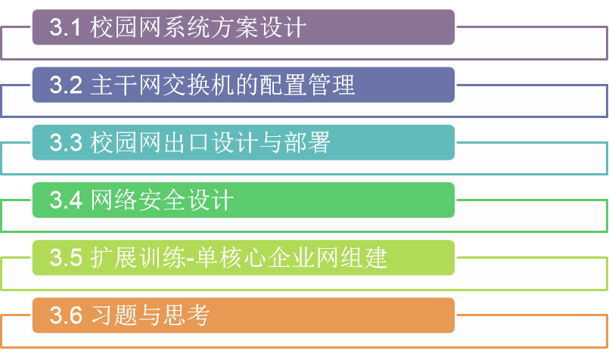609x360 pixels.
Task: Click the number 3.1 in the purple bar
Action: [x=65, y=28]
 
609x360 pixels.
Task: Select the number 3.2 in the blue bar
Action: [x=65, y=85]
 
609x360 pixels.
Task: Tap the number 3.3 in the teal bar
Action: [x=65, y=143]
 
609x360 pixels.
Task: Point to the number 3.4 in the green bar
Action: [x=65, y=200]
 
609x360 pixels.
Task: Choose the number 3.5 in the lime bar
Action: [x=65, y=258]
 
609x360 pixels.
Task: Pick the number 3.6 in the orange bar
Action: [x=65, y=315]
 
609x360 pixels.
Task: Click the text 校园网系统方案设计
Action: [x=199, y=28]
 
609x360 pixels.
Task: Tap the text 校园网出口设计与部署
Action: [x=210, y=143]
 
